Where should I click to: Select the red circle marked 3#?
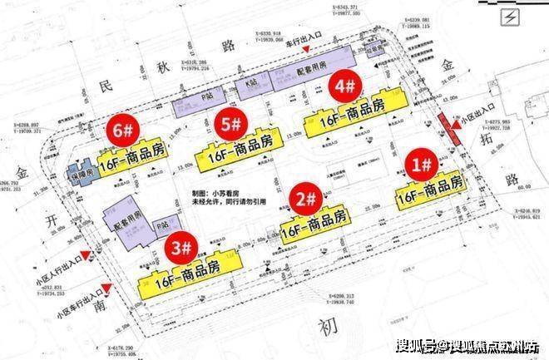tap(181, 247)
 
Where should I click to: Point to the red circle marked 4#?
tap(344, 85)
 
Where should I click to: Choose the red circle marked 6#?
tap(121, 129)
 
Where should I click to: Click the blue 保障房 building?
tap(82, 172)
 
